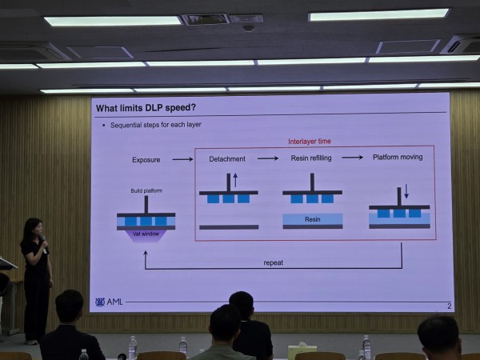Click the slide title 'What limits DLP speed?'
(146, 108)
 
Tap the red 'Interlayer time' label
(310, 142)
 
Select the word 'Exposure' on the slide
(146, 160)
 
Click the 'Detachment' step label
(227, 159)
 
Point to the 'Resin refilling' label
(311, 158)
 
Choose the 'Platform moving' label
(398, 157)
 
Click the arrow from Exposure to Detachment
(182, 159)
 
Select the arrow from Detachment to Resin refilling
(268, 158)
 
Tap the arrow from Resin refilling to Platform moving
(352, 158)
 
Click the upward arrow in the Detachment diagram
(235, 180)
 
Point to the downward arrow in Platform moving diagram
(406, 191)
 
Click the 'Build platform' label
(146, 190)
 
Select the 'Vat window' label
(146, 234)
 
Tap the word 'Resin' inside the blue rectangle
(313, 219)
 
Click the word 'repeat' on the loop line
(274, 262)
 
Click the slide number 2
(450, 306)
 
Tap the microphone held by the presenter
(44, 242)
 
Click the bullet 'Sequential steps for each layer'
(155, 125)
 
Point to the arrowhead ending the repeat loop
(146, 253)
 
